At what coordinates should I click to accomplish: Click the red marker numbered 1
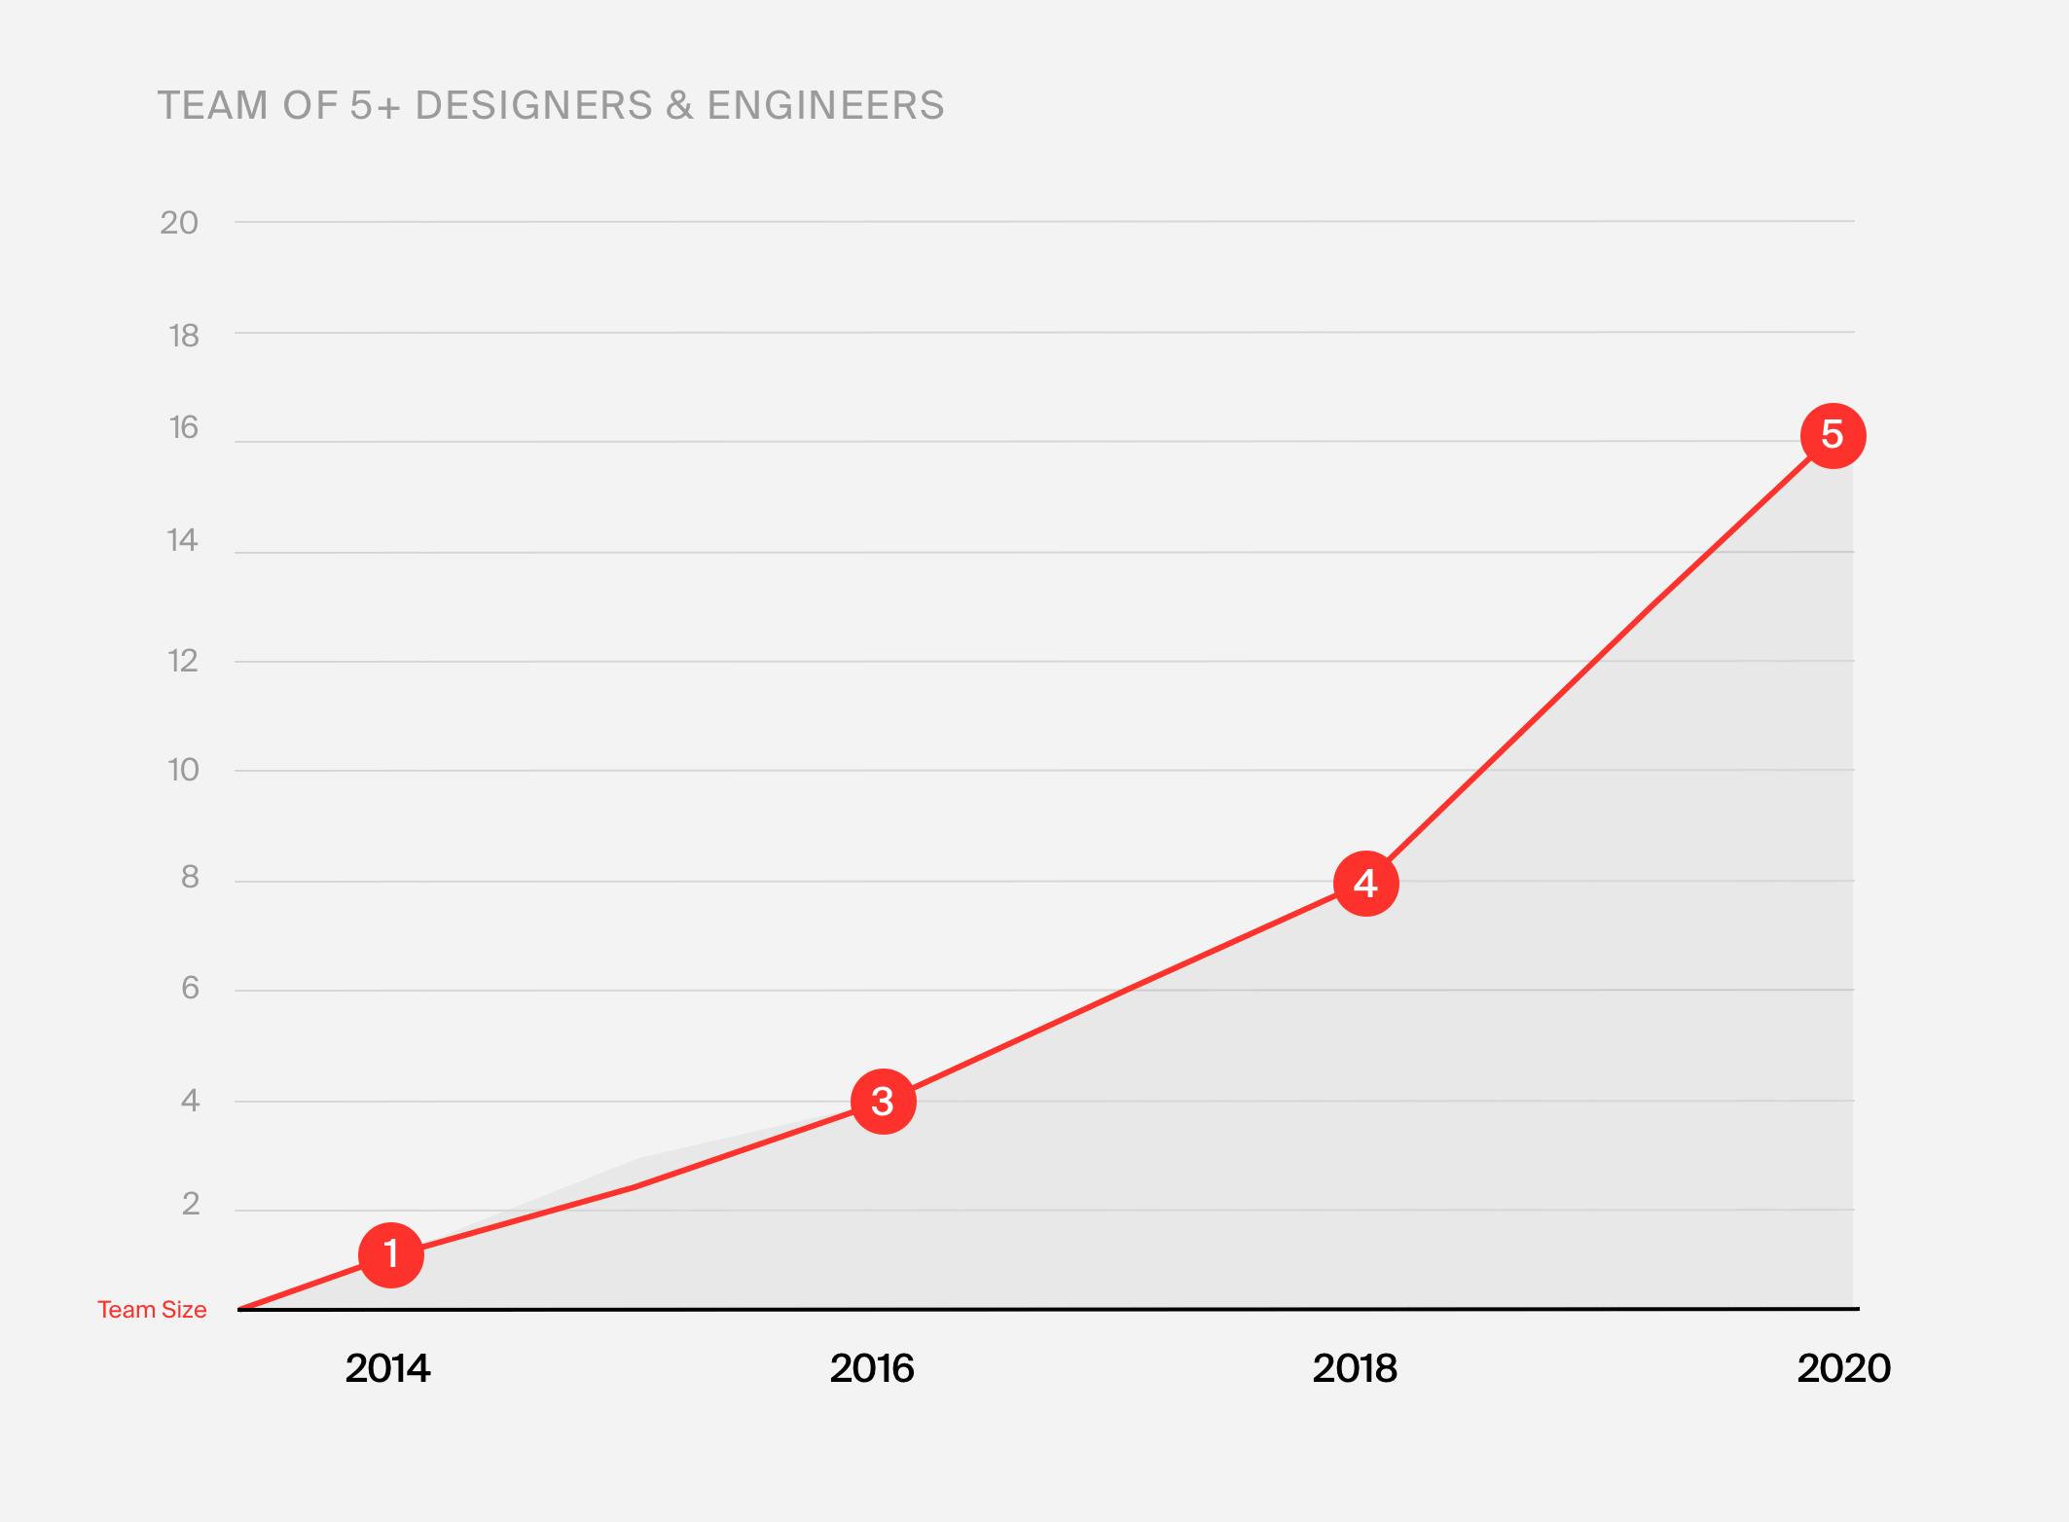(391, 1255)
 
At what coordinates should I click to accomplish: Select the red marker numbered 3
(883, 1102)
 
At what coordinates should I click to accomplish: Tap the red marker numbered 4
(1365, 884)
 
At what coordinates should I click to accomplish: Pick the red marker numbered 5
(1833, 435)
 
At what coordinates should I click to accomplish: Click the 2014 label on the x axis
(387, 1369)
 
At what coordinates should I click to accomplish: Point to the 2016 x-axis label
(872, 1369)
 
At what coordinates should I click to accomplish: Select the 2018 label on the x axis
(1355, 1369)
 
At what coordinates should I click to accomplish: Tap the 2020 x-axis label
(1843, 1369)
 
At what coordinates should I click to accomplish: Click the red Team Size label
(152, 1310)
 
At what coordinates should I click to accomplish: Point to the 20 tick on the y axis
(179, 223)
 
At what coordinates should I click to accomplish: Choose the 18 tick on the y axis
(183, 336)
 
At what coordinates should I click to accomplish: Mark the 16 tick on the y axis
(183, 428)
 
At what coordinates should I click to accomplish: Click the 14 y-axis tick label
(182, 540)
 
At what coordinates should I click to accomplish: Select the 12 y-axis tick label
(182, 662)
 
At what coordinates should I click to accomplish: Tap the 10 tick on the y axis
(183, 771)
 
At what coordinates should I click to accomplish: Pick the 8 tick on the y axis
(190, 878)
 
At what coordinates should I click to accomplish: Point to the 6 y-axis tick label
(190, 989)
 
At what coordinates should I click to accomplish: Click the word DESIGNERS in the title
(534, 105)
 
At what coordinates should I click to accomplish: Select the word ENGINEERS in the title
(825, 105)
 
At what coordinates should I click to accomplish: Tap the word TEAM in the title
(213, 105)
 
